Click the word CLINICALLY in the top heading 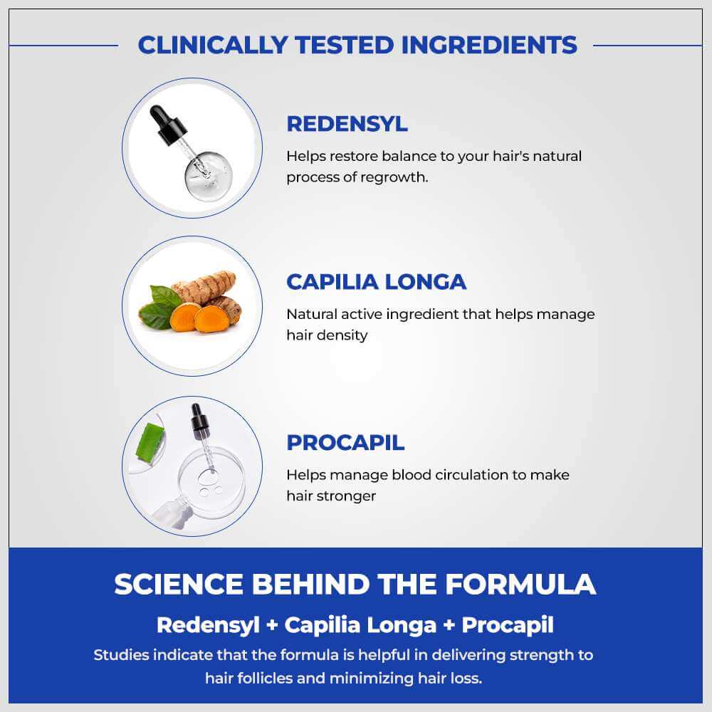click(x=212, y=45)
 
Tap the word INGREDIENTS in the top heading click(x=489, y=45)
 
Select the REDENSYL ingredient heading click(x=347, y=124)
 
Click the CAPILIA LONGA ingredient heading click(x=377, y=282)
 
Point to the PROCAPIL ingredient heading click(x=345, y=443)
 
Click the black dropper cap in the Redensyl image click(x=167, y=124)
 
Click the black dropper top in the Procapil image click(x=199, y=420)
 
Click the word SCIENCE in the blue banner click(x=179, y=584)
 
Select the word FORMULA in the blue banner click(x=520, y=584)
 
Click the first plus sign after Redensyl click(x=272, y=625)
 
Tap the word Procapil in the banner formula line click(x=508, y=625)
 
